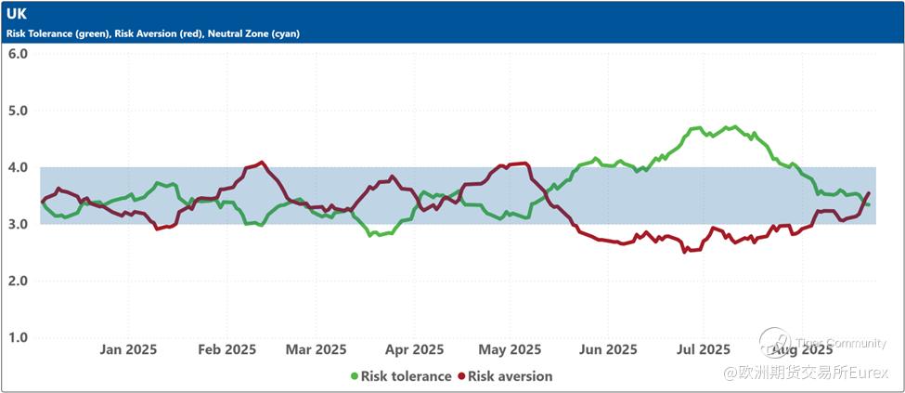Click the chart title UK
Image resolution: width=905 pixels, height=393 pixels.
point(17,15)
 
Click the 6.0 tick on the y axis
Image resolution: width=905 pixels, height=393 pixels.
point(18,54)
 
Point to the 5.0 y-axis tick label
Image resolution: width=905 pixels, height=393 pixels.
point(18,111)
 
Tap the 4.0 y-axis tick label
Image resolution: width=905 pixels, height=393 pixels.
point(18,167)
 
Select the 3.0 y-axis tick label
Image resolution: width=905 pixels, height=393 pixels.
point(18,224)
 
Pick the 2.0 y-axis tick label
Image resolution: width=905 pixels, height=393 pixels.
point(18,281)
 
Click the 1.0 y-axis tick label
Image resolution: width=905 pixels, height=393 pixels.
point(18,337)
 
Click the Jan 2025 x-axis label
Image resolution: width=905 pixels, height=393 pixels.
point(128,350)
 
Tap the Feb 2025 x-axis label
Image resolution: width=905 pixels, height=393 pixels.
point(226,350)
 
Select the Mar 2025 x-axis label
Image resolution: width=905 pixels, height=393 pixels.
point(317,350)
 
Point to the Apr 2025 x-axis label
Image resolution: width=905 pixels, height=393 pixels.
point(414,350)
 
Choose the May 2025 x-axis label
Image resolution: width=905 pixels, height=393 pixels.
point(510,350)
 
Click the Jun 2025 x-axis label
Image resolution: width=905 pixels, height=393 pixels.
point(608,350)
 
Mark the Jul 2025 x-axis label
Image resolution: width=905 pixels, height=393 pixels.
point(703,350)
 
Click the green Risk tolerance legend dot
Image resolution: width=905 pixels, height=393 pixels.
point(354,376)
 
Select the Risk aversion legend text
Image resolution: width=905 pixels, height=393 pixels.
point(510,376)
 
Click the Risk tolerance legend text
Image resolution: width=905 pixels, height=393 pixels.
point(406,376)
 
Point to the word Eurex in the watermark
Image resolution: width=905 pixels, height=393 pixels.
point(873,373)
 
